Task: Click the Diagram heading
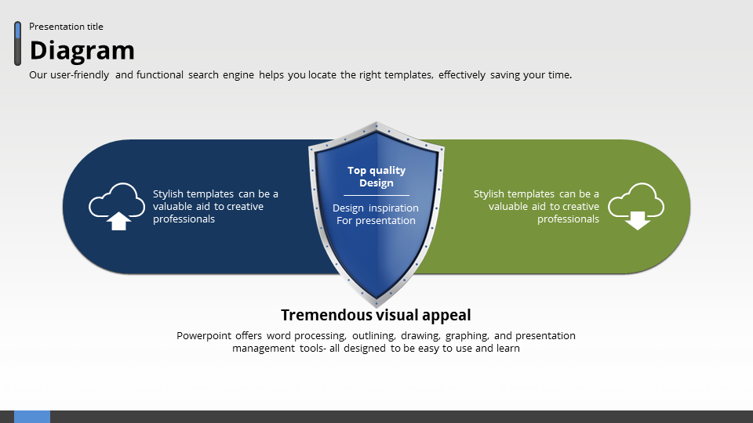82,51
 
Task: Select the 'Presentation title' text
66,27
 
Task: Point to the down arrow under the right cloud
638,220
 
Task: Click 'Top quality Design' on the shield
376,176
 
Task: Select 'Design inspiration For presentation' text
376,215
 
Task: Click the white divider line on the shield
376,195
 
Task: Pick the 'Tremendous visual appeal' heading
376,315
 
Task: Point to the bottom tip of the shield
376,305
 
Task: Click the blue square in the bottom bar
32,417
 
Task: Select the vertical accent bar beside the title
17,44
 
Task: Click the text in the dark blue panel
215,207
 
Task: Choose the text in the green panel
537,207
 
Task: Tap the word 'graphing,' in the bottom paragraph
467,336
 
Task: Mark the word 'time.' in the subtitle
559,75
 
